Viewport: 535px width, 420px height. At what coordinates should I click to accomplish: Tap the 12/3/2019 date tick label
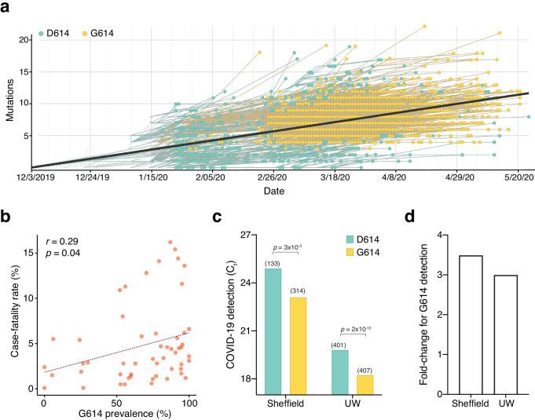click(33, 177)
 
